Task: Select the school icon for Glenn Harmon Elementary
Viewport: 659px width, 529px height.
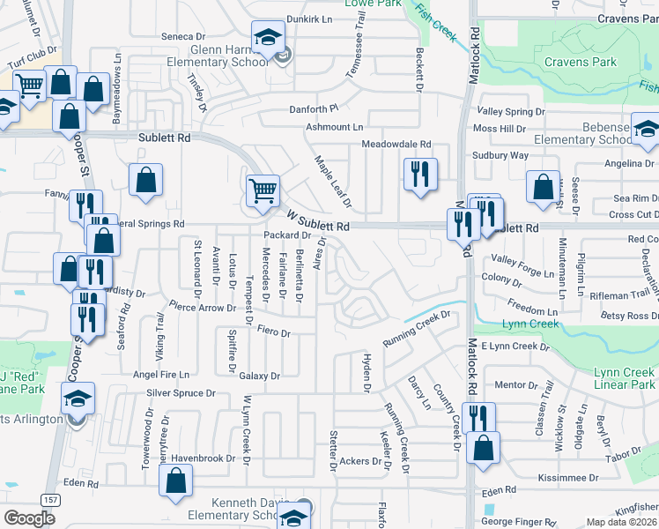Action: tap(267, 38)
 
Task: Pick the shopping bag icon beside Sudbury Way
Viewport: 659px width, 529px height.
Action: tap(543, 186)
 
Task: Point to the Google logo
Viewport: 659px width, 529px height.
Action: tap(29, 518)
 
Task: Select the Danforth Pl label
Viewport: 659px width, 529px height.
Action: tap(315, 109)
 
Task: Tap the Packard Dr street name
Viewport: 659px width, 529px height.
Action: tap(288, 235)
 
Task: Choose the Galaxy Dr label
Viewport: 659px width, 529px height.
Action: tap(259, 376)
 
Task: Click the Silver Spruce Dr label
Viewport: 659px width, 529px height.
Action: tap(181, 392)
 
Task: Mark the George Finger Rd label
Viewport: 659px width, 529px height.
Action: tap(521, 523)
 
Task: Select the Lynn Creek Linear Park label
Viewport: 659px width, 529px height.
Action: tap(624, 379)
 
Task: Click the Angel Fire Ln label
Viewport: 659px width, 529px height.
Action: tap(160, 375)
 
